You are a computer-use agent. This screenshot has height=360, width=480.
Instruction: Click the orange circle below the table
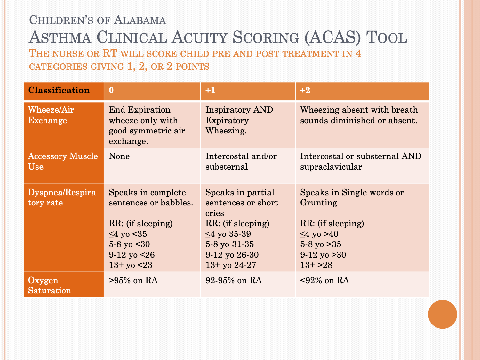442,314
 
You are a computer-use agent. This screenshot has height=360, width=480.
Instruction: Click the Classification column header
59,90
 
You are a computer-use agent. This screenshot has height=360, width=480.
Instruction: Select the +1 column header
210,90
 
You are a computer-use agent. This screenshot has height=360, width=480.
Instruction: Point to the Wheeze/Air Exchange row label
51,115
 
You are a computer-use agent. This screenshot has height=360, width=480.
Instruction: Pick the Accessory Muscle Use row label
63,161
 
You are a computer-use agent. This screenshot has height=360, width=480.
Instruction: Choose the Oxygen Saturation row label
49,285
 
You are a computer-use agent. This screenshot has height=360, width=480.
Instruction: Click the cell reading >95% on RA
133,280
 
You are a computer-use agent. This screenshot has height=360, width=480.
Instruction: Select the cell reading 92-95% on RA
234,280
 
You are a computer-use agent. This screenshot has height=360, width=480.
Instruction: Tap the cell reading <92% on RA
324,280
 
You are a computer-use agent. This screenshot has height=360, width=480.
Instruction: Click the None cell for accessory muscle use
119,156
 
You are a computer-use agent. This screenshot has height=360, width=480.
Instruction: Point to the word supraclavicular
331,167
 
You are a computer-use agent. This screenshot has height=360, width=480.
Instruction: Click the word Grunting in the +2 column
318,203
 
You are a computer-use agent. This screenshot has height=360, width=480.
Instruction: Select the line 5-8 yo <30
129,244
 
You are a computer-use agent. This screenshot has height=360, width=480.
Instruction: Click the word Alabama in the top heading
140,20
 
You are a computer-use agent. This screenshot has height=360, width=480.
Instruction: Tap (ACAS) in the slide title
332,37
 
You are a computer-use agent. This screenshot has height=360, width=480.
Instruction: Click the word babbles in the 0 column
177,203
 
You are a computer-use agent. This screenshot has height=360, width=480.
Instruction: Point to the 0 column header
111,90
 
